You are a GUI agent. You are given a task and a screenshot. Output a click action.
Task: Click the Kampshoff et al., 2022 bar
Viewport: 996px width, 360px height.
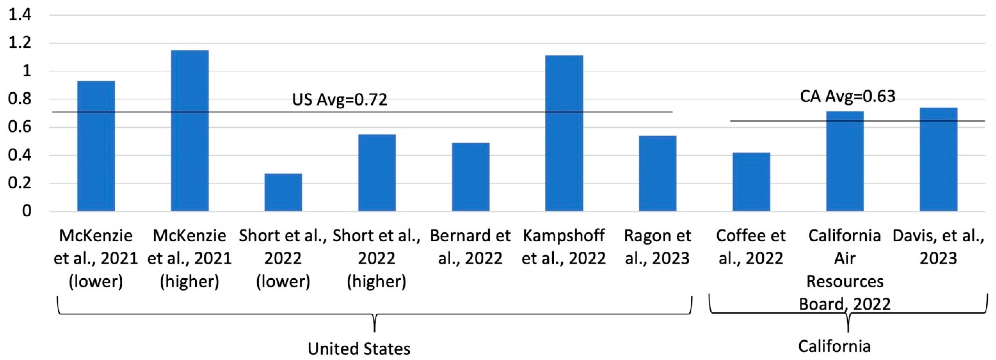pyautogui.click(x=564, y=133)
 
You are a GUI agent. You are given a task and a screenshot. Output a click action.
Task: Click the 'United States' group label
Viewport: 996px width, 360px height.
pyautogui.click(x=359, y=349)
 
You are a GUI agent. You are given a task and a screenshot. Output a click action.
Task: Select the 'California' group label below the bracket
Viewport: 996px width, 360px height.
pyautogui.click(x=834, y=346)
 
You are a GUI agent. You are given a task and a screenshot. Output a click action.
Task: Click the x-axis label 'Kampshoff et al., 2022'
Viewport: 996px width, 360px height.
pyautogui.click(x=564, y=247)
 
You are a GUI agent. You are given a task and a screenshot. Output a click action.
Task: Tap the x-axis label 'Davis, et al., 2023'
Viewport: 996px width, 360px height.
pyautogui.click(x=938, y=247)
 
